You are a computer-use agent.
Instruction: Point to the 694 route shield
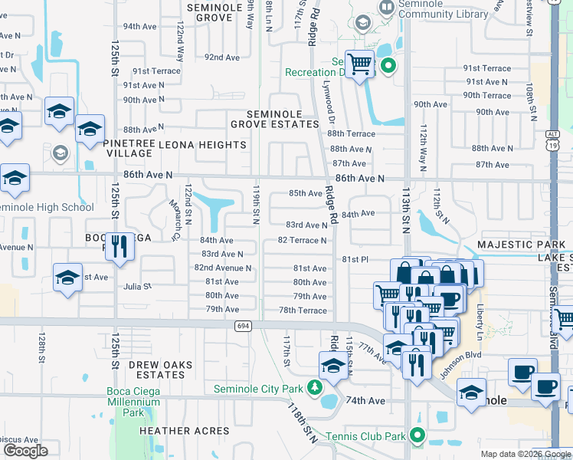coord(243,326)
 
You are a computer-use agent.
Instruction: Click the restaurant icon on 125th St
coord(118,247)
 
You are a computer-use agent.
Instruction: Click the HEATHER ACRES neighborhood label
coord(185,431)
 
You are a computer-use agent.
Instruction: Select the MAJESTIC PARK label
coord(519,245)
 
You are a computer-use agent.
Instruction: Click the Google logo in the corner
coord(25,451)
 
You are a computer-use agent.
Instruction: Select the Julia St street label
coord(138,286)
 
